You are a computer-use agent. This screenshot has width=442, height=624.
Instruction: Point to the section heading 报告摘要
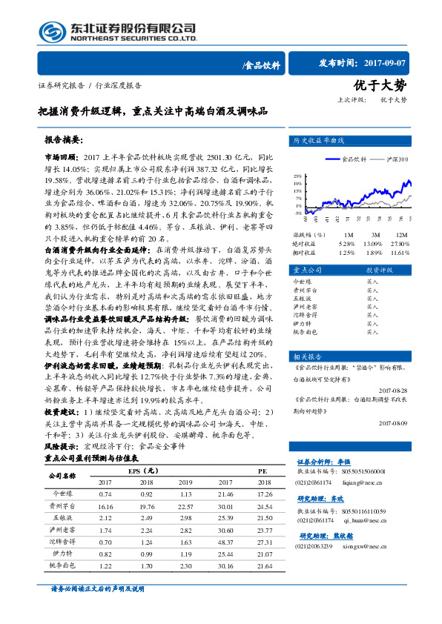[65, 139]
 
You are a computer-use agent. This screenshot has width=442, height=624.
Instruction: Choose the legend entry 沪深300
[398, 159]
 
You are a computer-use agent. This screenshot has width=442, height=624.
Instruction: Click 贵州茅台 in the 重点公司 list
[306, 291]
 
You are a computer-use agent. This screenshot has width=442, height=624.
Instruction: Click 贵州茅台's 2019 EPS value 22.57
[185, 507]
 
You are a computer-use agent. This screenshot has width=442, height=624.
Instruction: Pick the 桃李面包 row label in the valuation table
[62, 565]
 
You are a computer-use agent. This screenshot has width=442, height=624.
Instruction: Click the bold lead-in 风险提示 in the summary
[62, 447]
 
